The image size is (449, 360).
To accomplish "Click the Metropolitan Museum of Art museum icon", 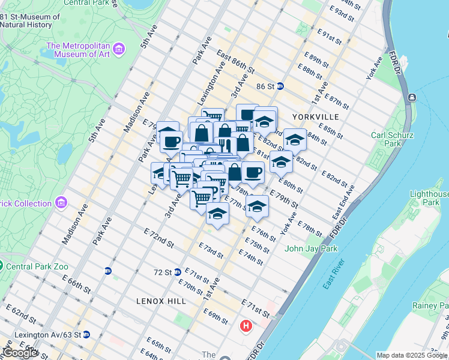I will pos(119,49).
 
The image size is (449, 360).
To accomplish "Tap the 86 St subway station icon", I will pos(280,86).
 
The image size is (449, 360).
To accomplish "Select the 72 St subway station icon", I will pos(178,272).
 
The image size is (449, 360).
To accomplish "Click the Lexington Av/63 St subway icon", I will pos(86,334).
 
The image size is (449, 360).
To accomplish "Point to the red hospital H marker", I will pos(246,326).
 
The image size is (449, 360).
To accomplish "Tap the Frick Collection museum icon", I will pos(61,203).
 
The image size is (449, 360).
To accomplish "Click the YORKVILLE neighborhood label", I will pos(316,116).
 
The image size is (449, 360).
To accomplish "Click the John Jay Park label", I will pos(311,248).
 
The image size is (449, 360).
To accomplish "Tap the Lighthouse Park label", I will pos(429,199).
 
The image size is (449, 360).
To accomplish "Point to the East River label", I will pos(334,274).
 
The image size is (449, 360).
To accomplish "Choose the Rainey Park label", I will pos(430,305).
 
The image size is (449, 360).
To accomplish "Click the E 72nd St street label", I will pos(159,238).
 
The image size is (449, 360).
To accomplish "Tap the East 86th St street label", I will pos(236,62).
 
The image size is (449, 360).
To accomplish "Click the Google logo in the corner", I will pos(20,353).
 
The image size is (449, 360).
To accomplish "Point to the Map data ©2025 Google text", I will pos(412,355).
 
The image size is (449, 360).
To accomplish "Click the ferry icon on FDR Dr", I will pos(412,97).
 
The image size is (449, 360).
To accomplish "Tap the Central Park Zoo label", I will pos(37,266).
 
